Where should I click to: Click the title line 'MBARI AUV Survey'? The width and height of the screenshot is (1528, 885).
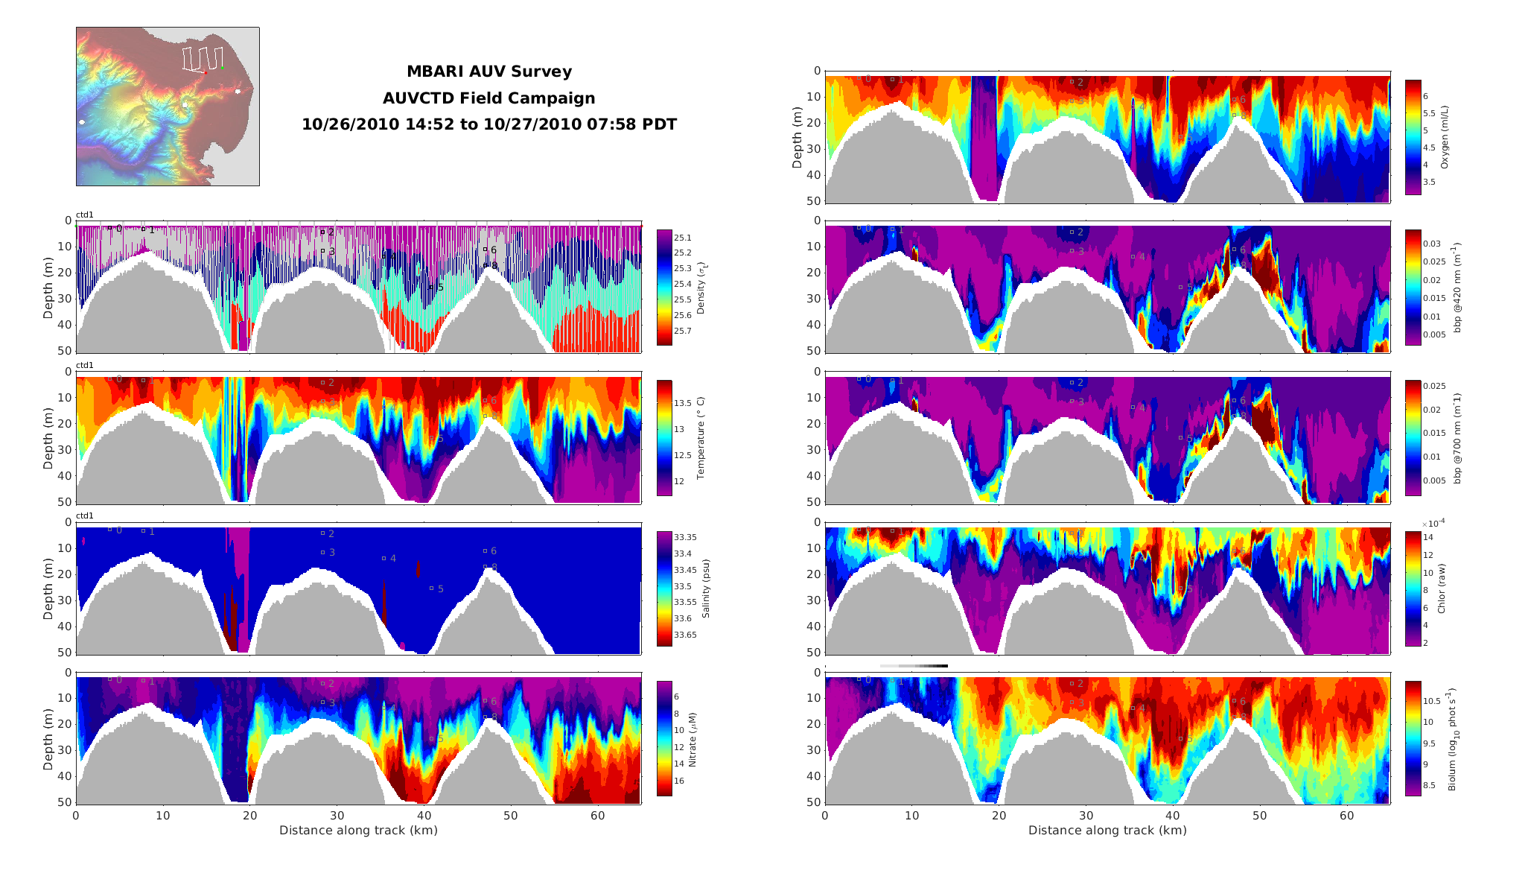(489, 72)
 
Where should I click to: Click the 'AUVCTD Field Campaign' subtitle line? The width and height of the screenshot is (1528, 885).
(489, 98)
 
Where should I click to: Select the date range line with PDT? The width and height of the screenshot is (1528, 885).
(489, 124)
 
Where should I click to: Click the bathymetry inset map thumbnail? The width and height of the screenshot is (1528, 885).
(168, 107)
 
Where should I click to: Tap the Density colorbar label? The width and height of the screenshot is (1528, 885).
(701, 288)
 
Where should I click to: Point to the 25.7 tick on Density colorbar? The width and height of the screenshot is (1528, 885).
(682, 331)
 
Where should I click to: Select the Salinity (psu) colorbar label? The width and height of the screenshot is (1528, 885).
(705, 589)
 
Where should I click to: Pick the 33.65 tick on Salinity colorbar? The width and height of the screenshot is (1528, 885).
(685, 635)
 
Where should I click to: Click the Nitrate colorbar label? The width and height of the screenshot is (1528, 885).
(692, 740)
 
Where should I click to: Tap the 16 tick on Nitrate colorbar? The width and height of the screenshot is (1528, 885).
(679, 781)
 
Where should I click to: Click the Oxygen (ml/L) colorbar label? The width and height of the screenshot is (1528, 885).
(1445, 137)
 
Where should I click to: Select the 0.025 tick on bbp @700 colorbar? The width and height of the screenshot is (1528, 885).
(1434, 386)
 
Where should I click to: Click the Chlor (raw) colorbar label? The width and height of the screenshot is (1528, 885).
(1441, 589)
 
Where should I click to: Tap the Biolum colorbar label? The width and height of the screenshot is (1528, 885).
(1451, 740)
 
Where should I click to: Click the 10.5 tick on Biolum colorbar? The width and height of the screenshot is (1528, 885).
(1432, 701)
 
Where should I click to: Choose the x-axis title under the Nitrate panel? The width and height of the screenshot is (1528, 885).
(358, 831)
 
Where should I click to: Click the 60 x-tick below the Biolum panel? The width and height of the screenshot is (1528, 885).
(1346, 816)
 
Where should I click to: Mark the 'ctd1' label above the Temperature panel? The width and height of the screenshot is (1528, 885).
(85, 365)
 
